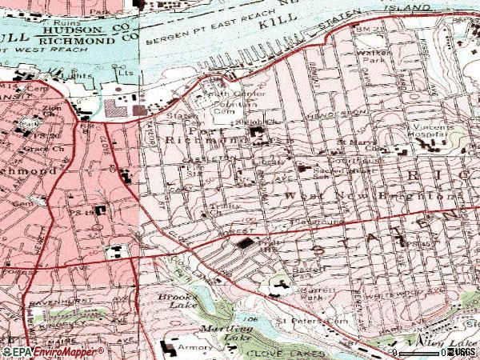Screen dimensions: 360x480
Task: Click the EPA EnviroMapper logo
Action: [x=52, y=351]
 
